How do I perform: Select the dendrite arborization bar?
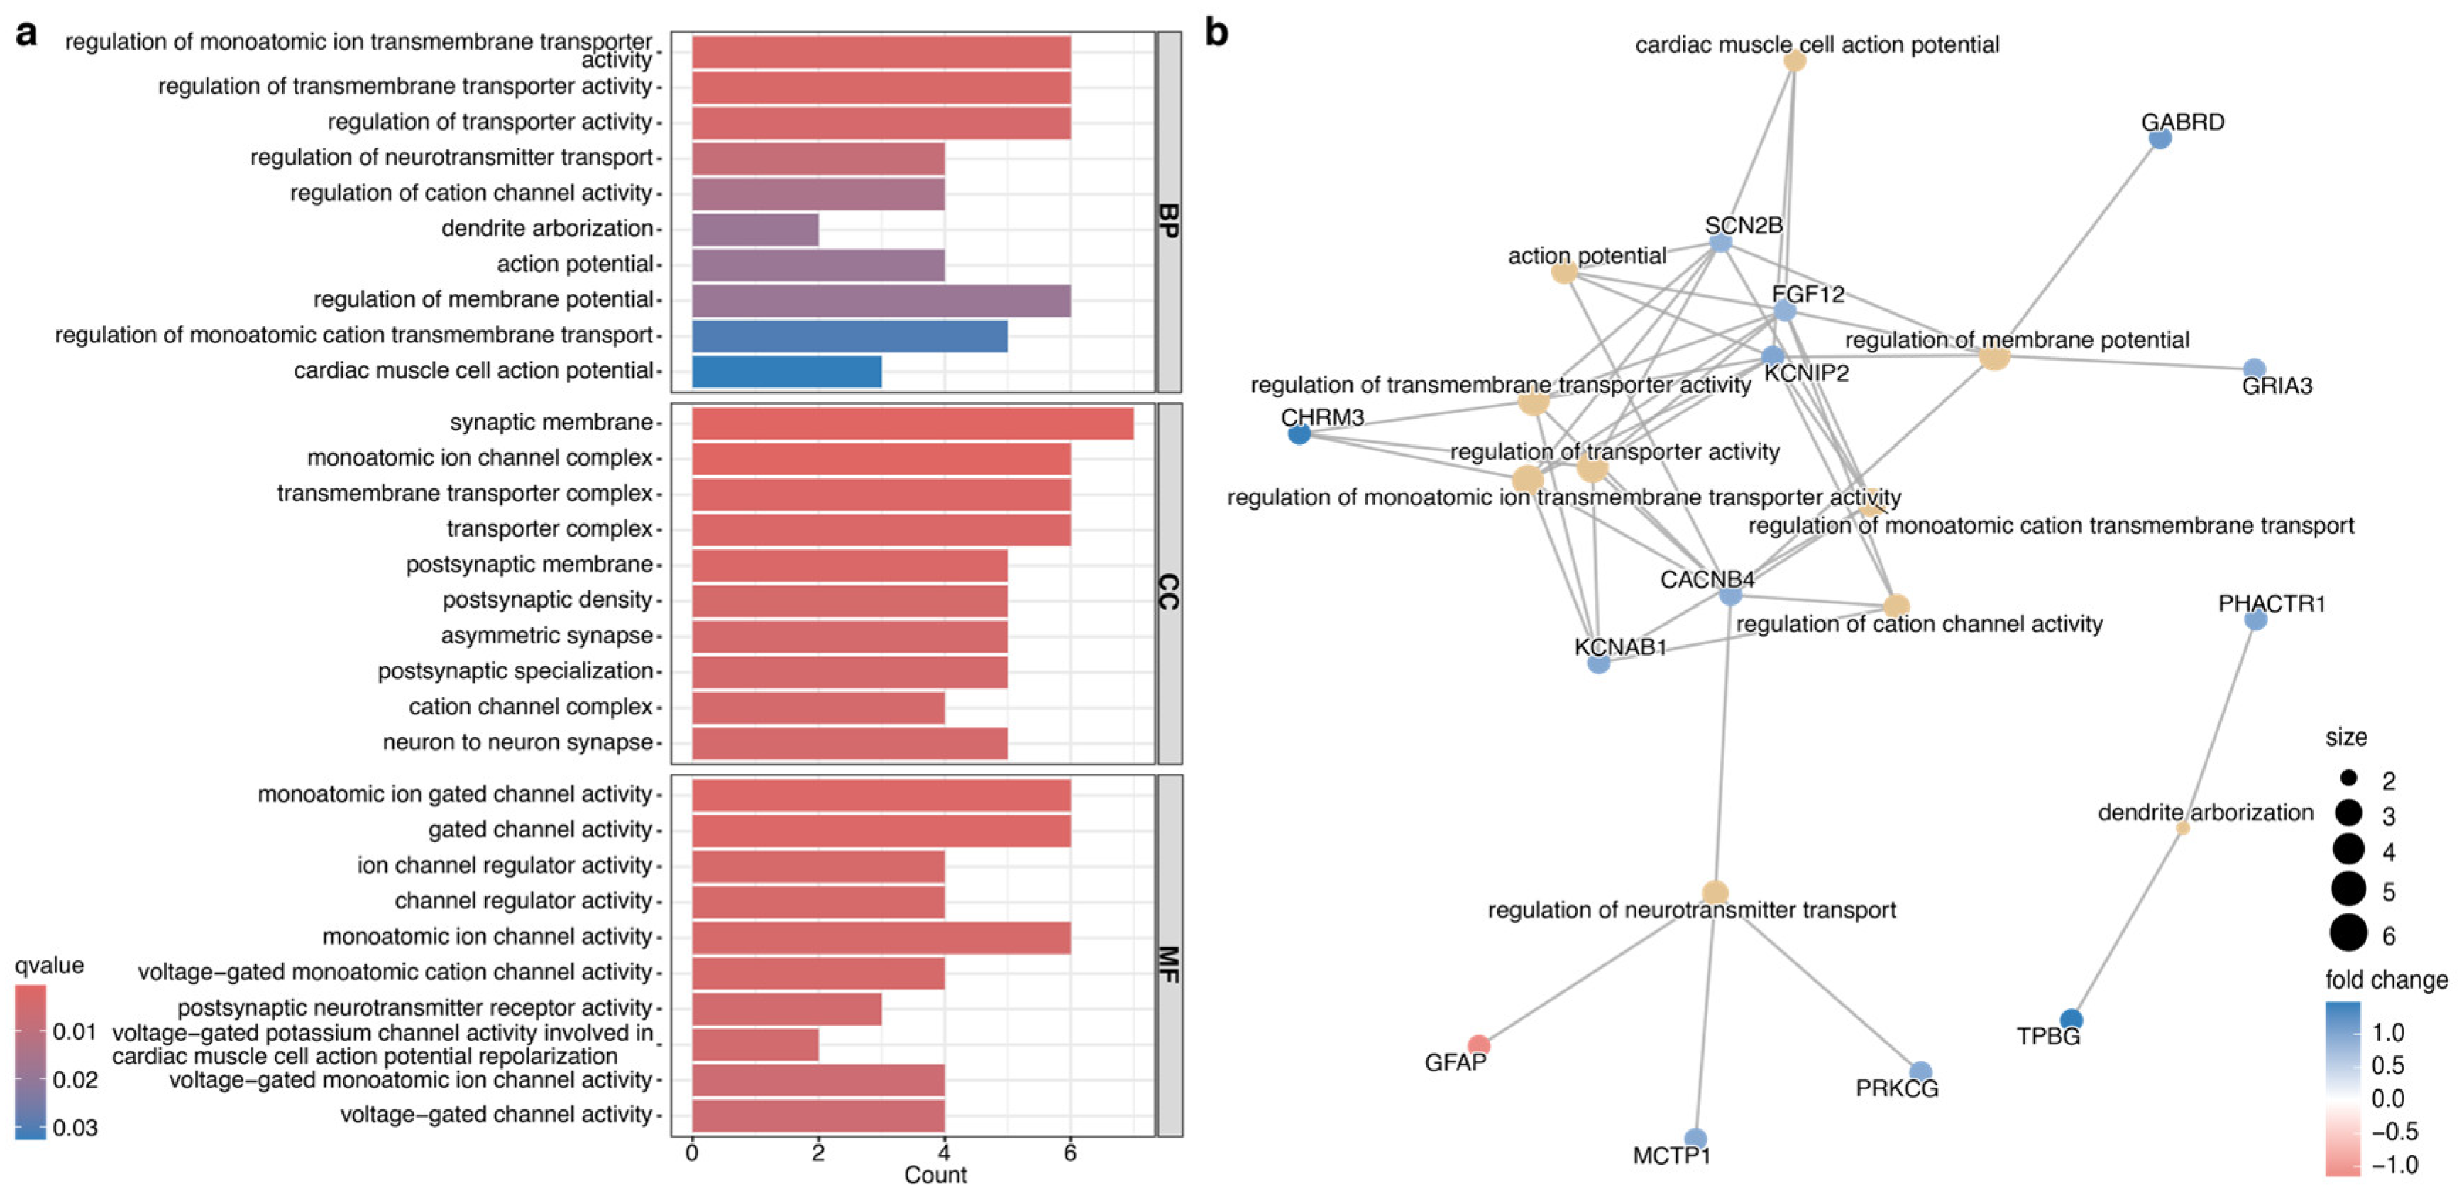point(754,229)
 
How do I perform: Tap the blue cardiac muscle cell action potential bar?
point(786,371)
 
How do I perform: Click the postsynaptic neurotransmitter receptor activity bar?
point(786,1008)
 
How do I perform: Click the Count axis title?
point(935,1175)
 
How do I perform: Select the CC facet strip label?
point(1168,592)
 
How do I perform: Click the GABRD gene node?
point(2160,138)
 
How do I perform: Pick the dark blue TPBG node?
point(2071,1019)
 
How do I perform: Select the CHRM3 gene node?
point(1299,434)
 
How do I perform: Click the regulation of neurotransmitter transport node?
point(1715,892)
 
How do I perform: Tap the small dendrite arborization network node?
point(2182,828)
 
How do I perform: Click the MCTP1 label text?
point(1671,1156)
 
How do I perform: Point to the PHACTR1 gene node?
point(2255,620)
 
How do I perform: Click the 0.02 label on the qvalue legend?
point(75,1079)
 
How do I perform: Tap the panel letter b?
point(1216,33)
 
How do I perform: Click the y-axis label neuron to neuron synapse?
point(517,742)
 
